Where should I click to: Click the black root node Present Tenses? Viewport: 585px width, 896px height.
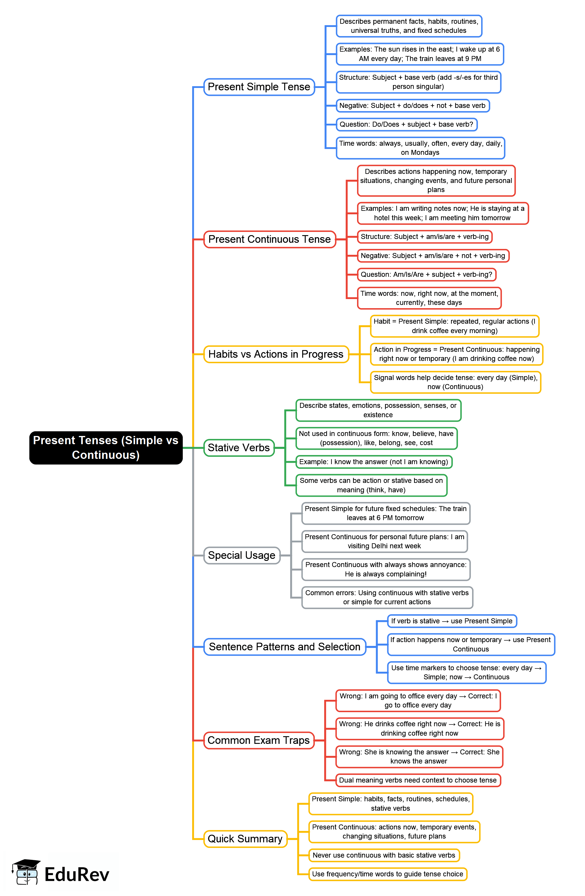pyautogui.click(x=106, y=448)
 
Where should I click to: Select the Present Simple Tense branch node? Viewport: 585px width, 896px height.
pyautogui.click(x=259, y=87)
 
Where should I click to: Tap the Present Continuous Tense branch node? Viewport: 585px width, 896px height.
pyautogui.click(x=269, y=240)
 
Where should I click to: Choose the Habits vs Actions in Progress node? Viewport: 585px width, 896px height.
pyautogui.click(x=276, y=354)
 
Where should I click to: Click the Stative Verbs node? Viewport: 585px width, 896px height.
pyautogui.click(x=239, y=448)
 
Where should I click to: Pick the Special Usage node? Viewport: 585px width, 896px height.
pyautogui.click(x=241, y=555)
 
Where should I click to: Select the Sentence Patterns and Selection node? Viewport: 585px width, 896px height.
pyautogui.click(x=284, y=647)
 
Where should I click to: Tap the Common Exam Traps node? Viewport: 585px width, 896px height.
pyautogui.click(x=258, y=741)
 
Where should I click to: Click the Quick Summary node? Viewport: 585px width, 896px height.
pyautogui.click(x=245, y=839)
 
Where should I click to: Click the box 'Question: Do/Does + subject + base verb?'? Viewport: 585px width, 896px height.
pyautogui.click(x=406, y=125)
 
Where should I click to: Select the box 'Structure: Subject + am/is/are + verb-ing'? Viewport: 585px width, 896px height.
pyautogui.click(x=425, y=237)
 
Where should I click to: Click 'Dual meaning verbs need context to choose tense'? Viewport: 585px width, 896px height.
pyautogui.click(x=418, y=780)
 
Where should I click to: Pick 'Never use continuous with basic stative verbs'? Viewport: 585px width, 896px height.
pyautogui.click(x=384, y=855)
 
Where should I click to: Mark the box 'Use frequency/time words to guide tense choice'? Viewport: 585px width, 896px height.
pyautogui.click(x=388, y=874)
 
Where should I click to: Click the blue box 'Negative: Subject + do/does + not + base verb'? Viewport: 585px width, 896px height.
pyautogui.click(x=412, y=106)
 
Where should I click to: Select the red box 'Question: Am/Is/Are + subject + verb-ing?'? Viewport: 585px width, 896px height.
pyautogui.click(x=426, y=274)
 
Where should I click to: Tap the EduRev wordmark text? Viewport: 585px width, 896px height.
pyautogui.click(x=77, y=875)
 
